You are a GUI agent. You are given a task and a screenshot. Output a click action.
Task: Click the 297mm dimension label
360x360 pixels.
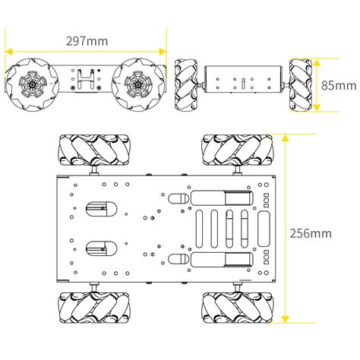(87, 41)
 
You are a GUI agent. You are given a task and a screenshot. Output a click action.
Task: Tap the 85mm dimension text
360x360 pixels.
(339, 85)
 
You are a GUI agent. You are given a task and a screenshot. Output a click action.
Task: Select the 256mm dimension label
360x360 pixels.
(311, 233)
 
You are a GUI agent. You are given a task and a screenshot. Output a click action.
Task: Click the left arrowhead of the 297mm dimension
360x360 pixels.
(9, 52)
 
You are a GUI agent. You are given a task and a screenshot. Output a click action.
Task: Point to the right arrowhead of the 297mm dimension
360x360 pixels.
(163, 52)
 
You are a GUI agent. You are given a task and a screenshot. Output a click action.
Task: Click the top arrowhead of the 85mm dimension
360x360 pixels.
(317, 62)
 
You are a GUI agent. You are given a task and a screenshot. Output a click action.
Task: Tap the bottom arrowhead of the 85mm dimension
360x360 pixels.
(317, 108)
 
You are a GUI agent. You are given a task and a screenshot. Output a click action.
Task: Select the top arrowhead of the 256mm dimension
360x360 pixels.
(286, 138)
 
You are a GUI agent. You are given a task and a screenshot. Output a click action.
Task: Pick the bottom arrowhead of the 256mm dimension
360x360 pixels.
(286, 319)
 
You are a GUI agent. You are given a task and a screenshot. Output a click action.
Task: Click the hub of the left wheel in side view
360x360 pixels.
(33, 84)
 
